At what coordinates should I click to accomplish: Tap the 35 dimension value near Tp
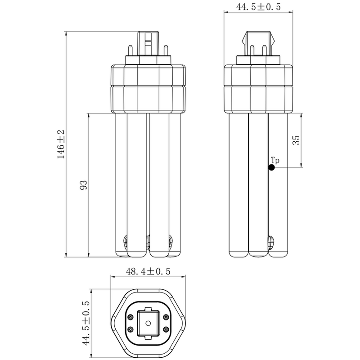point(296,140)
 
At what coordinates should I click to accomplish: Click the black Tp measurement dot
point(271,168)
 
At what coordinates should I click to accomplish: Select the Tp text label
point(275,160)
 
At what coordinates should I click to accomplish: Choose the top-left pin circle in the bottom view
point(130,317)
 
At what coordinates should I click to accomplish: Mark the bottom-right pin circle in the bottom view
point(166,329)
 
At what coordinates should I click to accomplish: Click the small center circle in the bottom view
point(148,323)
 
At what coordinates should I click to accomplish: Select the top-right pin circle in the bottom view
point(166,317)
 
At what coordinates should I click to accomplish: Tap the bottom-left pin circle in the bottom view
point(130,329)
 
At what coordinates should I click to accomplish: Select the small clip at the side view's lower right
point(272,242)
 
